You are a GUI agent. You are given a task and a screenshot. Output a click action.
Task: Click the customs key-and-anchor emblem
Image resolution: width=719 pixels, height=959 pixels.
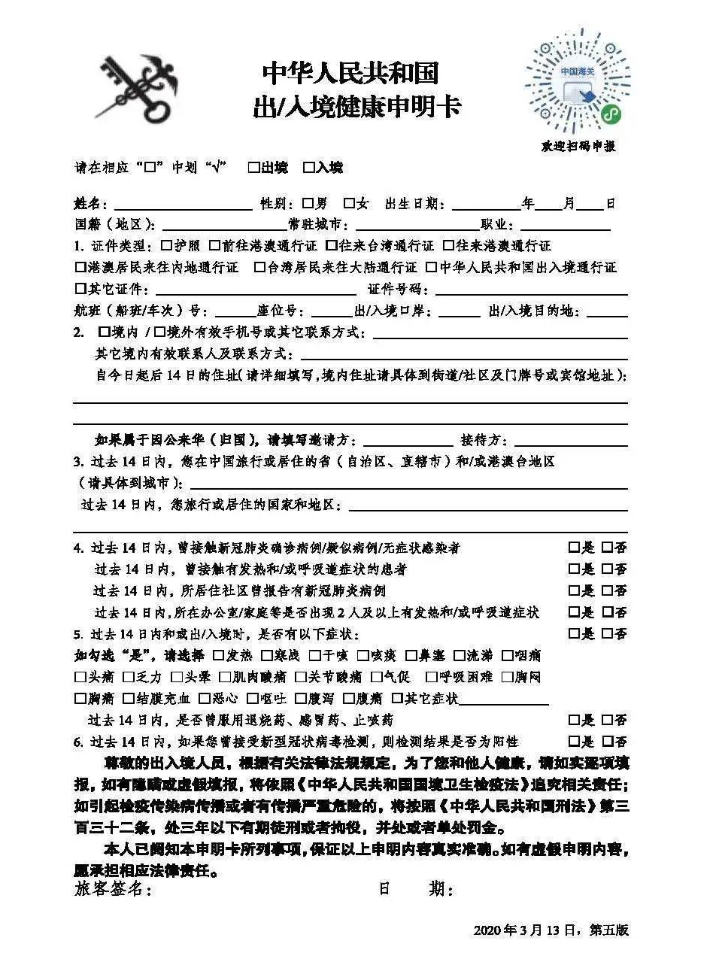tap(139, 90)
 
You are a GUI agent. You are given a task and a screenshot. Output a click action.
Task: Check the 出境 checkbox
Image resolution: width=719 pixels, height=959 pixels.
tap(254, 168)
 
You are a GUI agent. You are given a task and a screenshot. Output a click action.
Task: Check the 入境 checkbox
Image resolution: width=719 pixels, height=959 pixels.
tap(308, 168)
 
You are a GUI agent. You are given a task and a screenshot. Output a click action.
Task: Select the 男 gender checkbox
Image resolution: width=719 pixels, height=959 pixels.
tap(308, 203)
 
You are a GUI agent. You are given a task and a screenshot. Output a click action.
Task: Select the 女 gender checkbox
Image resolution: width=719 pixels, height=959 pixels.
tap(349, 203)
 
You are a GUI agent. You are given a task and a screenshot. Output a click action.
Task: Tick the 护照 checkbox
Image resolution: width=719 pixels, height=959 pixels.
tap(167, 246)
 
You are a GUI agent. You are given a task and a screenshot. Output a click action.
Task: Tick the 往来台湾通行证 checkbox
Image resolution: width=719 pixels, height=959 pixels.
tap(332, 246)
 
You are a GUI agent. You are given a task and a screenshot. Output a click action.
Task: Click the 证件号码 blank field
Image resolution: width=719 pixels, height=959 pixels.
tap(531, 290)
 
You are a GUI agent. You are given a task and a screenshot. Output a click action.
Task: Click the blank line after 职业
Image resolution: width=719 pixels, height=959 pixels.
tap(565, 226)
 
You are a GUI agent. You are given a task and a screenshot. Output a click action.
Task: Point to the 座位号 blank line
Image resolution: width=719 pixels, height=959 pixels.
tap(330, 312)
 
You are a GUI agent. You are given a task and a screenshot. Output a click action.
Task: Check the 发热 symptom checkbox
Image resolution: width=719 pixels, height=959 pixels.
tap(219, 656)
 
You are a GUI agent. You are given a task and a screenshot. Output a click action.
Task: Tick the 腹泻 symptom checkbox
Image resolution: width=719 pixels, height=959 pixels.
tap(302, 699)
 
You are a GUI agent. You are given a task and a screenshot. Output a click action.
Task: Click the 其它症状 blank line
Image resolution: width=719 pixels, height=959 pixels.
tap(503, 701)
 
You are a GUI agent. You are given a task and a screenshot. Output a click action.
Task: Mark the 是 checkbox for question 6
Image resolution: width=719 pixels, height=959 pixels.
tap(575, 742)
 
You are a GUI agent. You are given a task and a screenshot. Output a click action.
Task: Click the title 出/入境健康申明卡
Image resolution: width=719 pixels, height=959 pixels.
tap(356, 108)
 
